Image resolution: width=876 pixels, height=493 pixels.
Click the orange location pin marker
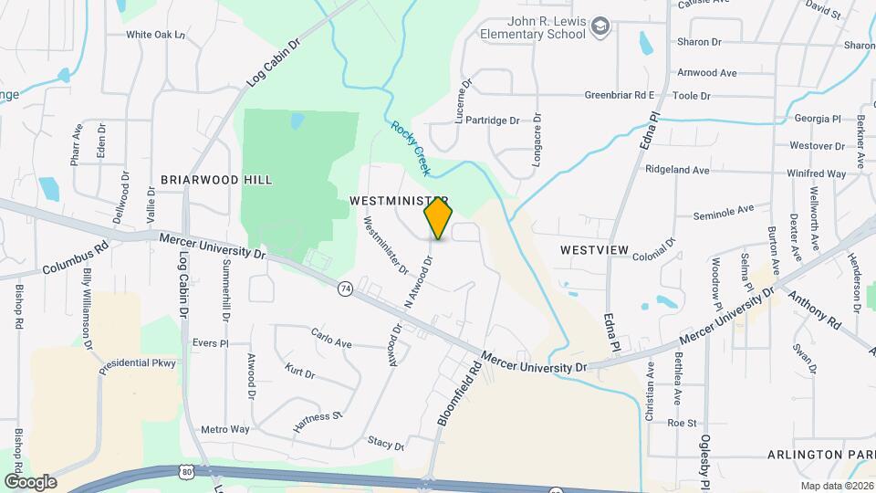438,219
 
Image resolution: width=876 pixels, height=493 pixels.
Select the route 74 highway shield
345,288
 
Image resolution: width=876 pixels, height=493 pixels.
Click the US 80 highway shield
186,472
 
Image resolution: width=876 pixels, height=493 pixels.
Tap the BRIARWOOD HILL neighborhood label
216,180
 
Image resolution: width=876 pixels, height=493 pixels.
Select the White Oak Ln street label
156,35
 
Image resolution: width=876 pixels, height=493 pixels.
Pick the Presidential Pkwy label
139,362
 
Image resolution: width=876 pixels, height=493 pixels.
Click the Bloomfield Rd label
458,395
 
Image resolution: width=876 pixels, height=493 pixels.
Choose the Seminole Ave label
725,211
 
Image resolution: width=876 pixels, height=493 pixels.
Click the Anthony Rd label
814,309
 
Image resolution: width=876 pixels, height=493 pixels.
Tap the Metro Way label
225,429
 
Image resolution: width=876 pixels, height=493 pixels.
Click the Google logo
30,481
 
